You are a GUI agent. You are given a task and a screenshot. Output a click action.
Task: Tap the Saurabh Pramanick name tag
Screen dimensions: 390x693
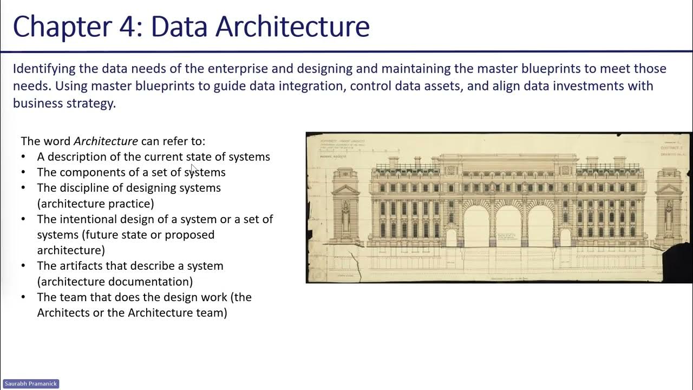(x=30, y=383)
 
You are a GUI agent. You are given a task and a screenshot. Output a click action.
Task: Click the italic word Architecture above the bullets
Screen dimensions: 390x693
(x=106, y=141)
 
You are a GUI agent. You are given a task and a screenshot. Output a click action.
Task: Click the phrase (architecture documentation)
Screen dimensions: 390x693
(x=115, y=282)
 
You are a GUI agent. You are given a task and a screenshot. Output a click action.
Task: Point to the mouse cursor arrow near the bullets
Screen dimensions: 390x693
(x=194, y=168)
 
